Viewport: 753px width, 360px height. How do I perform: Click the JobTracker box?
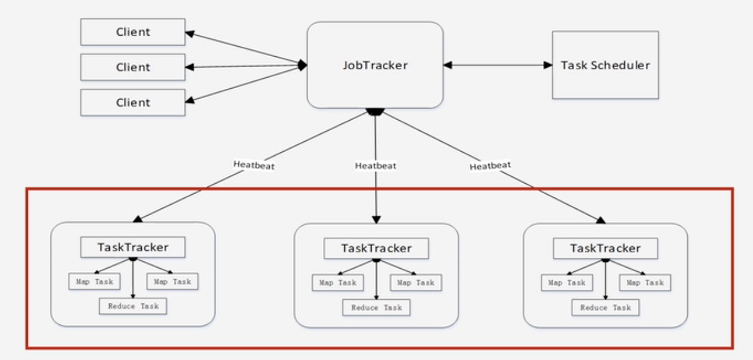375,65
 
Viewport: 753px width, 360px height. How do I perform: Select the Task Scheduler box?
605,65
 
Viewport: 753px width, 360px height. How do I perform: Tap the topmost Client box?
132,32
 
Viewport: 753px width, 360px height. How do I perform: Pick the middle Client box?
132,67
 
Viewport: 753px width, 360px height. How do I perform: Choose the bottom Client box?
132,102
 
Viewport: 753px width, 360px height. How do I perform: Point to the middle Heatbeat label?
375,166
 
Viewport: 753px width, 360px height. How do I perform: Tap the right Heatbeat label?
490,166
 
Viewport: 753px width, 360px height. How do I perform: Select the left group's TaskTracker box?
132,247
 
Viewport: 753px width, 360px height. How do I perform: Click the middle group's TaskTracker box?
376,248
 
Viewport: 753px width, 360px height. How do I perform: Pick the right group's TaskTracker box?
605,248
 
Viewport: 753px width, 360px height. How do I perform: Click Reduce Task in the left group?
132,306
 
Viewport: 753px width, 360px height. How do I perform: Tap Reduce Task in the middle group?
376,307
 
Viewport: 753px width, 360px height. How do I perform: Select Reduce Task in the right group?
605,307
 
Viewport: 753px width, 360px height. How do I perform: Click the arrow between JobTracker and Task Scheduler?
498,65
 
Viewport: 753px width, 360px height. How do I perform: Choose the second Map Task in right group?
645,282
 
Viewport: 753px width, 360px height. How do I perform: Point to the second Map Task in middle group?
416,282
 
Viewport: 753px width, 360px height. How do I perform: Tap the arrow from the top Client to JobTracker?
246,48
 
